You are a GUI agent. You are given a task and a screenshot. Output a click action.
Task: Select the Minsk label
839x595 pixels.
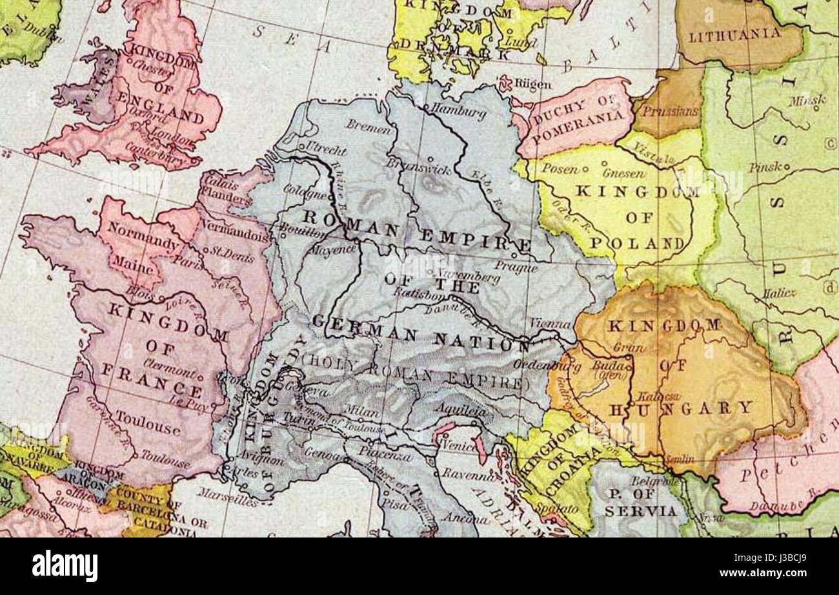806,100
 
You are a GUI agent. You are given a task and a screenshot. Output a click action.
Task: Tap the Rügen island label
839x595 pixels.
533,85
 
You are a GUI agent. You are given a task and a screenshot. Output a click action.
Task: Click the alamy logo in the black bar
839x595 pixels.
65,566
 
